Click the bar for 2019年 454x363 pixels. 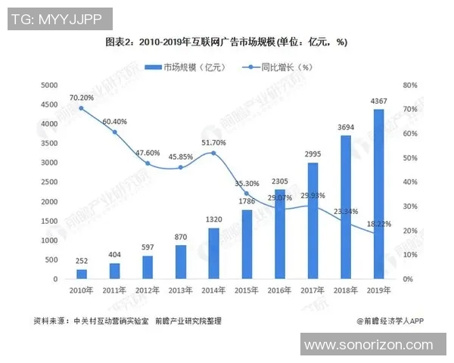point(379,194)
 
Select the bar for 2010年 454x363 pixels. point(82,275)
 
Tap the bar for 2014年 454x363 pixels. point(214,254)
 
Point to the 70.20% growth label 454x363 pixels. point(82,98)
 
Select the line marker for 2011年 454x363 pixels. point(115,132)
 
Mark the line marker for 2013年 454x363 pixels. point(181,168)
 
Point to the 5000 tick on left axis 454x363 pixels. point(48,85)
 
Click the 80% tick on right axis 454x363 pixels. point(410,85)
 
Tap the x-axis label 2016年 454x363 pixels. point(280,290)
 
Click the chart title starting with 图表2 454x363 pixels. point(226,42)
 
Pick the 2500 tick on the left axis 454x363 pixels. point(48,182)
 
